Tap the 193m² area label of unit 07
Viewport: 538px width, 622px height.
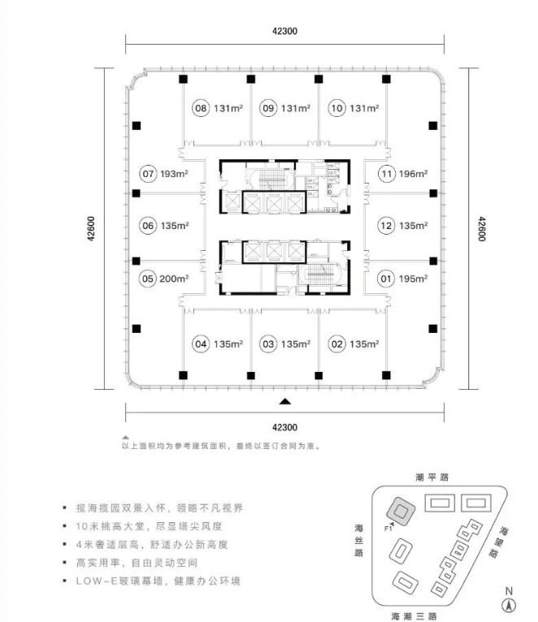click(x=174, y=173)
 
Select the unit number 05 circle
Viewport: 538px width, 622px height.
click(x=148, y=279)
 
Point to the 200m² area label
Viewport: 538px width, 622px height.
click(x=175, y=279)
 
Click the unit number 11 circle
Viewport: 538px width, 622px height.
click(x=385, y=173)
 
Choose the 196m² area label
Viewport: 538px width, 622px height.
click(x=413, y=173)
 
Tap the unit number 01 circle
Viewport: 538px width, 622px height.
click(x=385, y=279)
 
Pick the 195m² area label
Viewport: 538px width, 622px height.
click(x=413, y=279)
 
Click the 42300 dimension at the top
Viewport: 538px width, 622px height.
click(x=284, y=32)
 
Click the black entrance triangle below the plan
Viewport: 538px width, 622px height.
click(x=284, y=401)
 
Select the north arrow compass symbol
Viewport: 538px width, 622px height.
click(x=509, y=604)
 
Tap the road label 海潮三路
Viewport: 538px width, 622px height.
click(x=414, y=615)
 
